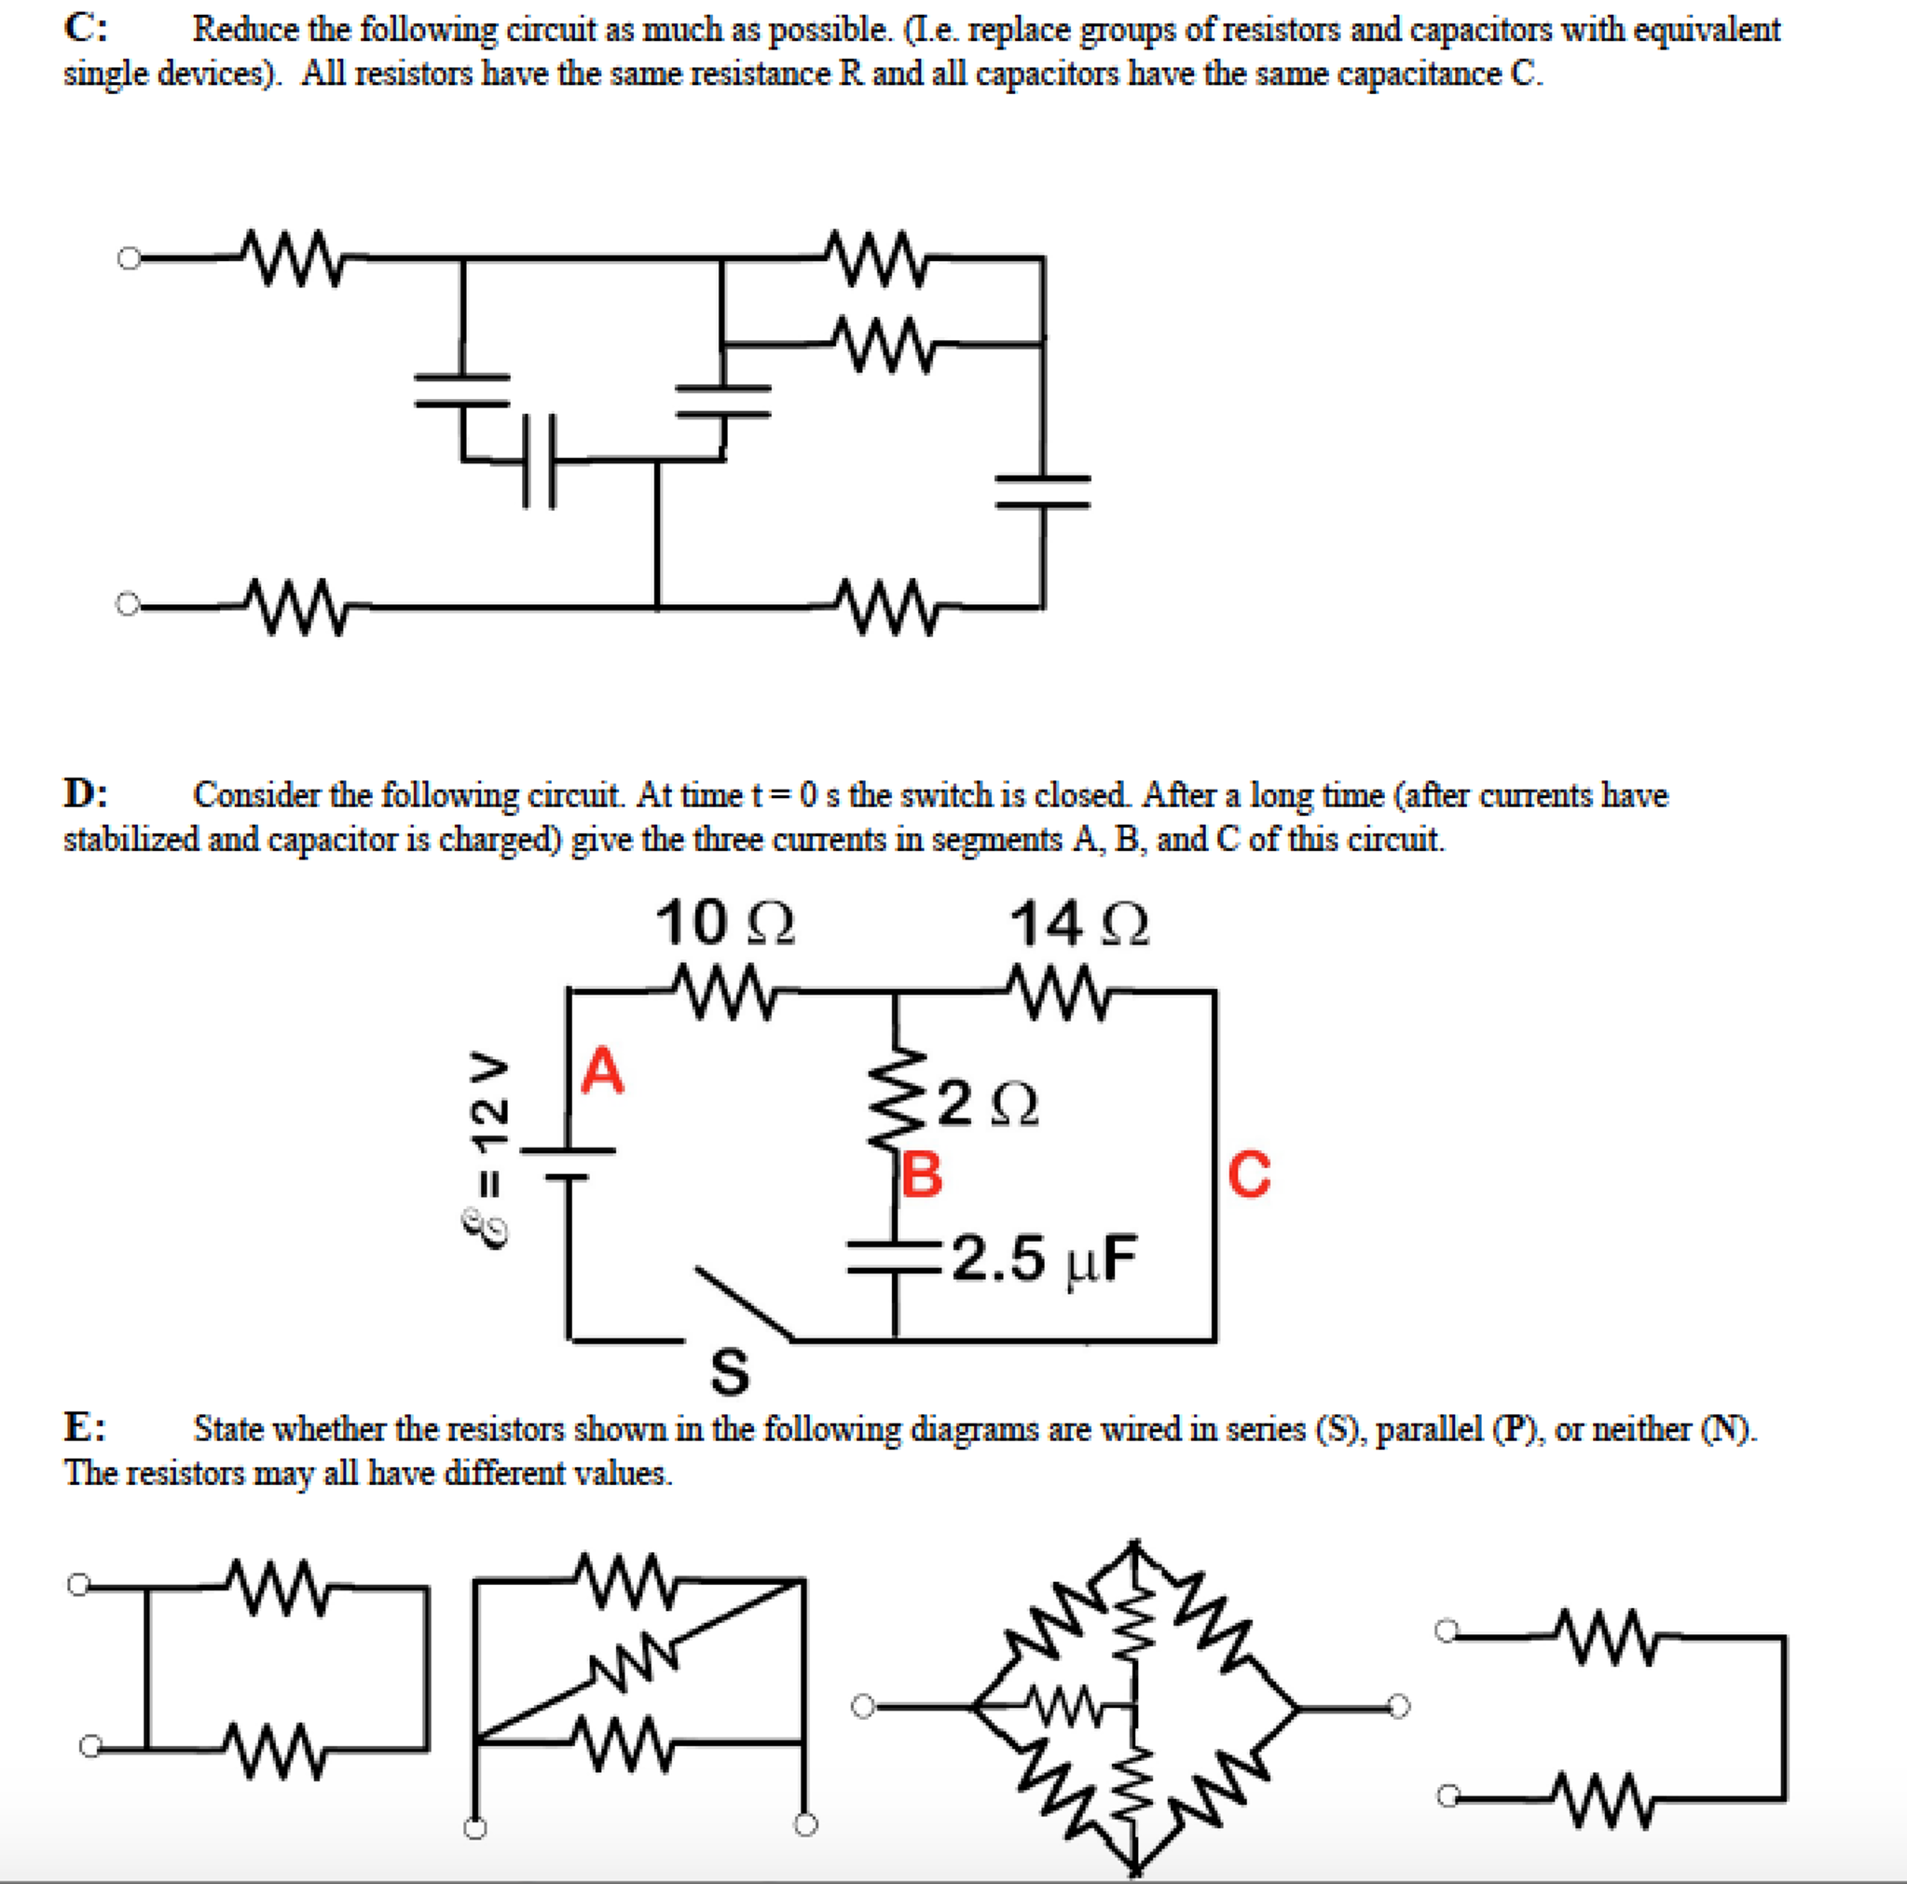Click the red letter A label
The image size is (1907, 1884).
603,1071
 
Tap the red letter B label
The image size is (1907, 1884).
922,1174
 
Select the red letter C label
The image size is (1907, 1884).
1250,1174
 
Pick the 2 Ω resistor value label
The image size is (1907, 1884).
988,1105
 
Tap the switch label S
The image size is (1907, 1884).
730,1371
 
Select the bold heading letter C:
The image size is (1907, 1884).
87,29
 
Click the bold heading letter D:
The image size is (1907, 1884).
87,793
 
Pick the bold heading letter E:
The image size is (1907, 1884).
86,1427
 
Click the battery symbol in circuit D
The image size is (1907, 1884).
568,1163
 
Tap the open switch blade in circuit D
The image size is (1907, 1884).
742,1302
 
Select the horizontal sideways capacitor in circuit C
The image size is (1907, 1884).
539,461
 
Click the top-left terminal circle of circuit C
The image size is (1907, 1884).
130,259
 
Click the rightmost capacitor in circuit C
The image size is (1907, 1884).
1042,491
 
